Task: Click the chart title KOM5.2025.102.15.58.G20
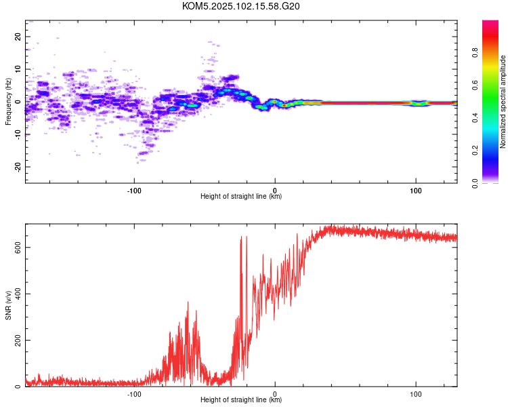[240, 6]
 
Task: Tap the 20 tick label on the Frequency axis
[18, 37]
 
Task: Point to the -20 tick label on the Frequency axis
[18, 167]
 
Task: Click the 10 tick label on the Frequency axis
[18, 69]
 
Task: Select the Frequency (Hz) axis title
[8, 102]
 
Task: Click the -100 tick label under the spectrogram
[134, 191]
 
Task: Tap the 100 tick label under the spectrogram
[416, 191]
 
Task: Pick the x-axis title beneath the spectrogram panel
[241, 196]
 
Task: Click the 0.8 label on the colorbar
[475, 53]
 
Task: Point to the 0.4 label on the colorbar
[475, 118]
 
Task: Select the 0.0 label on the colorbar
[475, 183]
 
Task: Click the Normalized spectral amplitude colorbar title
[503, 102]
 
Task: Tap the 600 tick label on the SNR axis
[18, 248]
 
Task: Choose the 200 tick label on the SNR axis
[18, 340]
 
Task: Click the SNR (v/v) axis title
[8, 305]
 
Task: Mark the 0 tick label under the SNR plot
[275, 394]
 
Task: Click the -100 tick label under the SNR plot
[134, 394]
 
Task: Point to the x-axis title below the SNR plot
[241, 400]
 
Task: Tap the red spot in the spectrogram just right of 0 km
[284, 105]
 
